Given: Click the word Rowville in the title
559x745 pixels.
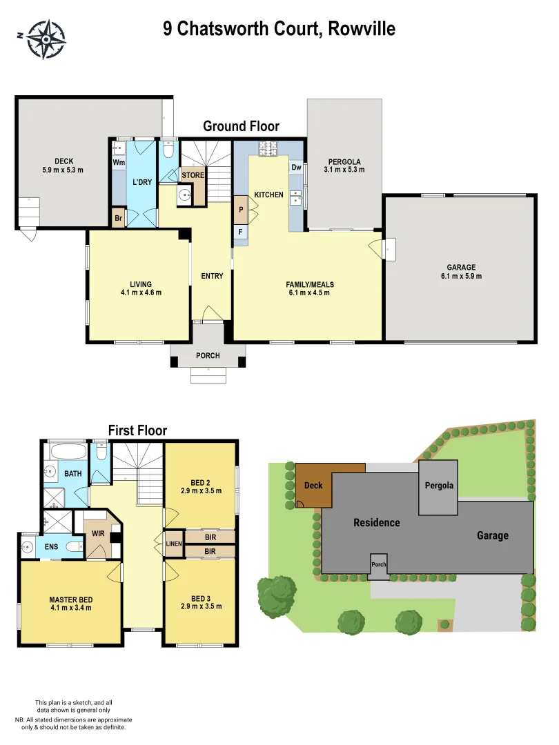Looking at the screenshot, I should [x=362, y=29].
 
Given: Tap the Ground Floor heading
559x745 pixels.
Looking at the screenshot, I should [x=241, y=126].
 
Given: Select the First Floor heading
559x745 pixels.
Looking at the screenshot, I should [x=137, y=430].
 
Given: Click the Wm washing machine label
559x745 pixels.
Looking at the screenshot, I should [x=118, y=163].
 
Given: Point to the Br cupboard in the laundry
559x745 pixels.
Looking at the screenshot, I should [x=118, y=217].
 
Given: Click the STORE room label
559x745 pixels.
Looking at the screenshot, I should [x=193, y=175].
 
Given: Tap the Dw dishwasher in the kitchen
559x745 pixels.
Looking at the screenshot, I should [x=295, y=167].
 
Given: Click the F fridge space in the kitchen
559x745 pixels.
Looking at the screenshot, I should [x=241, y=232].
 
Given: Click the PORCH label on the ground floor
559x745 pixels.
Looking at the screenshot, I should [x=208, y=356].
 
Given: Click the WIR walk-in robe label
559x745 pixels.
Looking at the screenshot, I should [x=98, y=534].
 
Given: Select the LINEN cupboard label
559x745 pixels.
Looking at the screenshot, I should [x=173, y=544].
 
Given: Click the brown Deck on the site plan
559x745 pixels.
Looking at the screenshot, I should [x=313, y=485].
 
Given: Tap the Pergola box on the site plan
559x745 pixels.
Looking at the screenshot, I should [x=438, y=486].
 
